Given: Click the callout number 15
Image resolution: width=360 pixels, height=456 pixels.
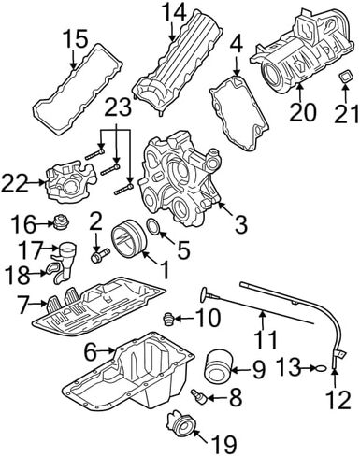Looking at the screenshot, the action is [x=77, y=38].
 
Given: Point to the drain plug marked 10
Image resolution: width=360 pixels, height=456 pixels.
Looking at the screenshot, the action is [x=168, y=319].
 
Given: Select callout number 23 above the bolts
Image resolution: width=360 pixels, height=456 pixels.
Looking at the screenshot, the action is [x=117, y=107].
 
